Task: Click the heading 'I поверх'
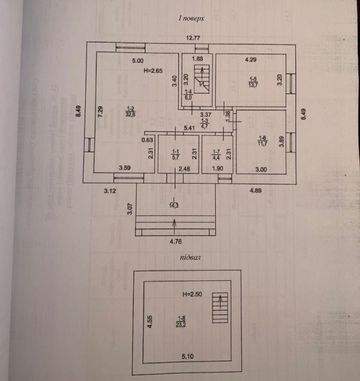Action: pos(191,19)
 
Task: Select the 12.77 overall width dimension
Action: pos(196,38)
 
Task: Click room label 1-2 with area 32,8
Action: pos(131,111)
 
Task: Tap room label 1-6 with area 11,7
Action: pos(262,142)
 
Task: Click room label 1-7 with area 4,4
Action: pos(216,154)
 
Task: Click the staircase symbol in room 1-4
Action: pos(200,76)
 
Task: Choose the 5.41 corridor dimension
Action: pos(190,129)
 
